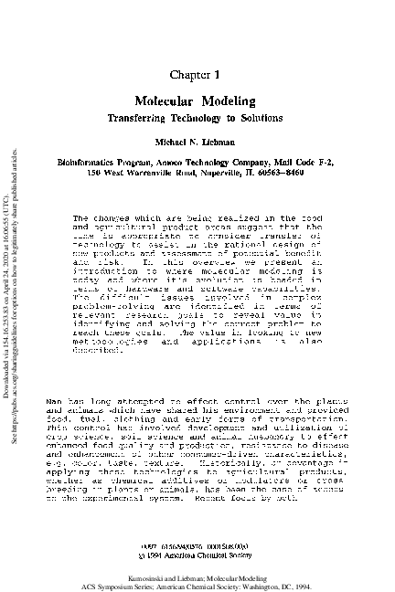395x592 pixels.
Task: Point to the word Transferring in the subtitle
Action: point(144,119)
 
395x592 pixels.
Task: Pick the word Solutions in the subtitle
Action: point(259,119)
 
